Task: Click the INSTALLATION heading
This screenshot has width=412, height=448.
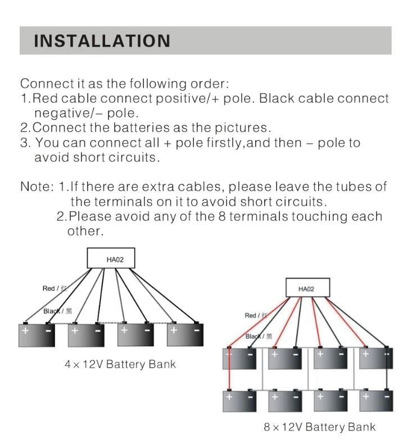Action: [x=102, y=41]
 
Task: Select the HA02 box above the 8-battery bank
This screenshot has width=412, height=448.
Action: [x=306, y=289]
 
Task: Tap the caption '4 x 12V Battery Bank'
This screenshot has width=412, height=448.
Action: [x=120, y=364]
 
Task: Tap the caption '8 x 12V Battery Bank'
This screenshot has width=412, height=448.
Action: [x=319, y=427]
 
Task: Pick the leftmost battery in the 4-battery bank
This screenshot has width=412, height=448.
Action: [x=37, y=334]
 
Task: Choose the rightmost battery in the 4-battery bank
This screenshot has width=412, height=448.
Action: [x=185, y=334]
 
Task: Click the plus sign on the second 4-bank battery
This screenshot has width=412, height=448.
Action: [x=75, y=331]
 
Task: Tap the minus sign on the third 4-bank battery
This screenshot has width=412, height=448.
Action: [x=147, y=330]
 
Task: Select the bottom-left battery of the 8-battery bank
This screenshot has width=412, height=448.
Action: [x=240, y=400]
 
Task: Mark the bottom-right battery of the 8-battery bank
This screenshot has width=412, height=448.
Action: [x=375, y=400]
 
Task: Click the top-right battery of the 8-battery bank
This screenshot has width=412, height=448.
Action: [x=375, y=358]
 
